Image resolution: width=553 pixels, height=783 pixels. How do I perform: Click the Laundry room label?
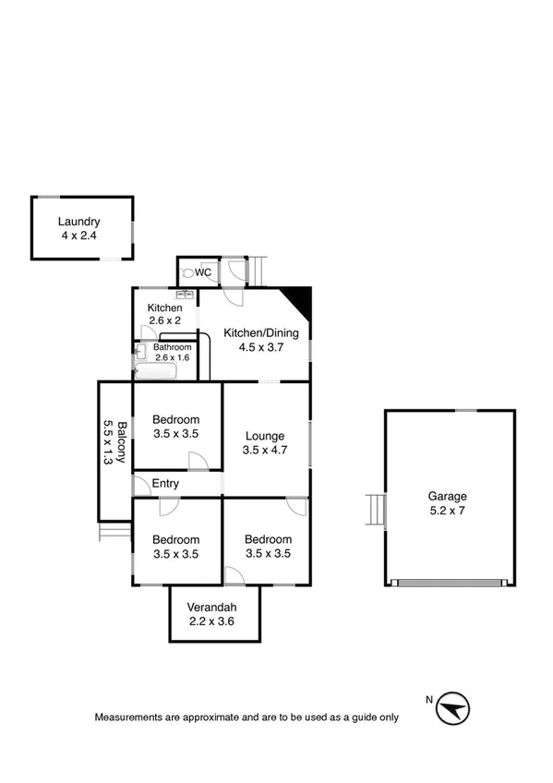(x=78, y=222)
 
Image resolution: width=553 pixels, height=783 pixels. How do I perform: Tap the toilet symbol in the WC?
(x=187, y=273)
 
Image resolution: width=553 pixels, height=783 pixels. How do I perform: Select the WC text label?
(x=204, y=273)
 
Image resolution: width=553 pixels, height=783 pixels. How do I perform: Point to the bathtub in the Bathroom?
(x=155, y=371)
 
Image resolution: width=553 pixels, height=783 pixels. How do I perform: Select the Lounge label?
(x=264, y=436)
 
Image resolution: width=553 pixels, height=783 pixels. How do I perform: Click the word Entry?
(x=166, y=484)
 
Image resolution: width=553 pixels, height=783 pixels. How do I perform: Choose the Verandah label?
(x=212, y=607)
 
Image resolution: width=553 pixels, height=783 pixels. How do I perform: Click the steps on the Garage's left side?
(x=374, y=509)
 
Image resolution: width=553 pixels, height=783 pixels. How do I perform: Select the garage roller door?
(x=449, y=582)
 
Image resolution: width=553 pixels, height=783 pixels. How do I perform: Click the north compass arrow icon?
(x=452, y=709)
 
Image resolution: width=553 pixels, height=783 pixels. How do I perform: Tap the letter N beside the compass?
(x=429, y=700)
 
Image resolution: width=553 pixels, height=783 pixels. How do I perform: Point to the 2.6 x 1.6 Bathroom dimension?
(x=172, y=357)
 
